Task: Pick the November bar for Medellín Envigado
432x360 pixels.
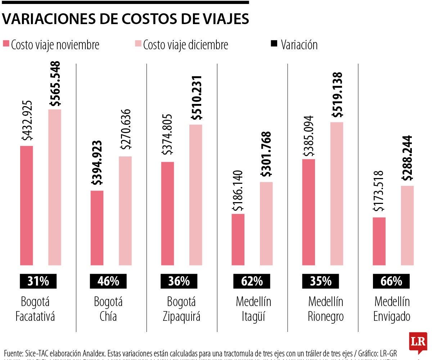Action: [x=379, y=241]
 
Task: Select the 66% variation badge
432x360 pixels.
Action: [x=392, y=281]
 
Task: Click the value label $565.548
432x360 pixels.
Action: [x=55, y=83]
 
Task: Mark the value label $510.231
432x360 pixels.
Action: [x=196, y=98]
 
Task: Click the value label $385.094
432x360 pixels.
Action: [x=309, y=136]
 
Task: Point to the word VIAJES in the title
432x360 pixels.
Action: [x=221, y=19]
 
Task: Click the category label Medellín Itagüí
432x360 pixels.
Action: [x=253, y=309]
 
